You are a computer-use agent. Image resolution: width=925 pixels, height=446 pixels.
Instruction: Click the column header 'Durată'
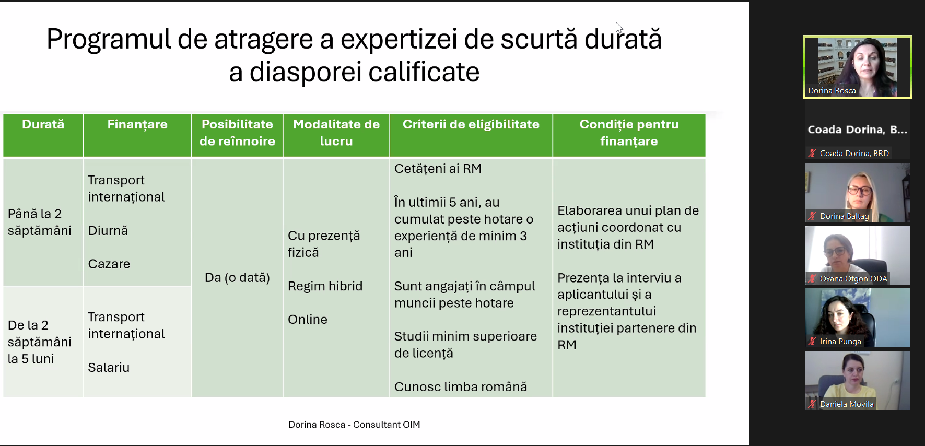pos(43,124)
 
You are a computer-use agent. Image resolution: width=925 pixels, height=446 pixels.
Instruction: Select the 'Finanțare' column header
pos(137,125)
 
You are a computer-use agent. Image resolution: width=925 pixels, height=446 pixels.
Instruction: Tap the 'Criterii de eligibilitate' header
pos(471,125)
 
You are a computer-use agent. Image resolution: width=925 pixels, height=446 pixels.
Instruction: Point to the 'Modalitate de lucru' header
pos(336,133)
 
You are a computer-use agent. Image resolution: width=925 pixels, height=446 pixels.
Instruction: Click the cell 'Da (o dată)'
pos(237,278)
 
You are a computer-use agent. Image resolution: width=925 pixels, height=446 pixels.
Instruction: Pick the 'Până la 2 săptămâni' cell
pos(40,222)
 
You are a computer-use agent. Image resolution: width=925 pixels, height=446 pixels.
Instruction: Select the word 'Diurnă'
pos(108,231)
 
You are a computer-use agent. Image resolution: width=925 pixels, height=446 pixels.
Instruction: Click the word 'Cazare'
pos(109,264)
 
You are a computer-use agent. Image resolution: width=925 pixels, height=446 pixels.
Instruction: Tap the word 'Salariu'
pos(109,368)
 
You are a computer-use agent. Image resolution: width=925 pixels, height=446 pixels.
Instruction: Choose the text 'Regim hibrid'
pos(325,286)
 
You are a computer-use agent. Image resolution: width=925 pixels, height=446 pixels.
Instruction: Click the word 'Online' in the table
pos(308,320)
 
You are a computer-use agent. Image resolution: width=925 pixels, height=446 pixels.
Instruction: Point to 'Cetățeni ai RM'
pos(438,169)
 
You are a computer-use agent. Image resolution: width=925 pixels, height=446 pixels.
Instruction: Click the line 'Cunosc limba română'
pos(461,387)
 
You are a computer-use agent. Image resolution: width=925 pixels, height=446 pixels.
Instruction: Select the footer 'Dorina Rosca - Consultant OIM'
pos(354,425)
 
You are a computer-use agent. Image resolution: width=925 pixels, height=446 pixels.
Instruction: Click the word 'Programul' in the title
pos(109,40)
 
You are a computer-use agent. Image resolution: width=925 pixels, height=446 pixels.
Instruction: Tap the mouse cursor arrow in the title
pos(619,28)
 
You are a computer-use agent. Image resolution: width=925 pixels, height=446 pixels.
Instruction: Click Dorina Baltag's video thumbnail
pos(858,193)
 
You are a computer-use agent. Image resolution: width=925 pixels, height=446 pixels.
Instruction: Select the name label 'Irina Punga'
pos(840,342)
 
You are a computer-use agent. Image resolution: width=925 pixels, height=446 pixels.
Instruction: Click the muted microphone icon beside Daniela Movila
pos(812,404)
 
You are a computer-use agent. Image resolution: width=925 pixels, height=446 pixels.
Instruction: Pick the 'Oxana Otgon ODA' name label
pos(853,279)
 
